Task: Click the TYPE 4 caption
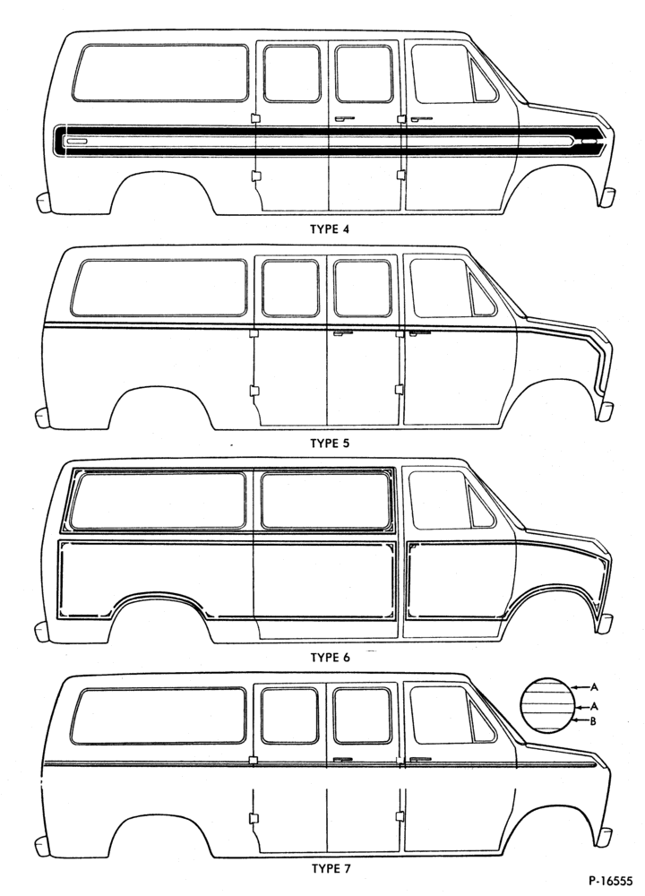click(x=329, y=229)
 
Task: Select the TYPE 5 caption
click(x=329, y=444)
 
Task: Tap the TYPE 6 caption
click(x=330, y=658)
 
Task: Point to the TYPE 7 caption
click(x=331, y=869)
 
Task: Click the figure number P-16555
click(x=610, y=882)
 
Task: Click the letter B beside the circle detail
click(x=593, y=721)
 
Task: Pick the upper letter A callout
click(x=594, y=686)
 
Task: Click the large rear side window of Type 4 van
click(x=160, y=73)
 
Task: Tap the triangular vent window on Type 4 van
click(x=482, y=80)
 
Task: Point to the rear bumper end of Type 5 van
click(x=43, y=418)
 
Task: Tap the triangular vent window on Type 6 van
click(x=480, y=506)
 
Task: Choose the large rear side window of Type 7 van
click(x=159, y=716)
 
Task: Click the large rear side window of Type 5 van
click(x=159, y=288)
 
